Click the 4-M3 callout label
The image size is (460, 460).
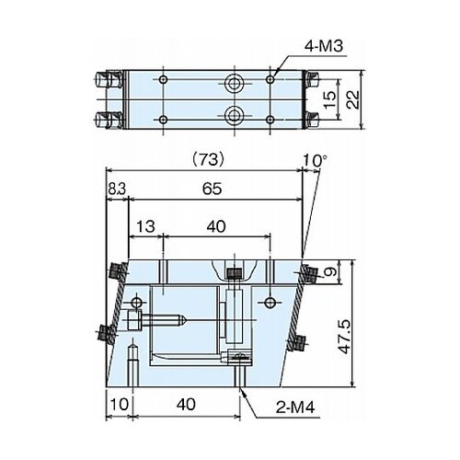tap(323, 47)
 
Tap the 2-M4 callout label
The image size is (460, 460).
tap(295, 408)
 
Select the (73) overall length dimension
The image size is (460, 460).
tap(208, 160)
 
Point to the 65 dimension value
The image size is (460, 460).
tap(213, 189)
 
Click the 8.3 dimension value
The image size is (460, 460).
tap(117, 190)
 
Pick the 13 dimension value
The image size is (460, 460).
tap(145, 226)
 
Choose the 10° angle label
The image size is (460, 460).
tap(316, 160)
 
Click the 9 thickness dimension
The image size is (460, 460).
tap(330, 271)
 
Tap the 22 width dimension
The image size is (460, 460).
tap(353, 99)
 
